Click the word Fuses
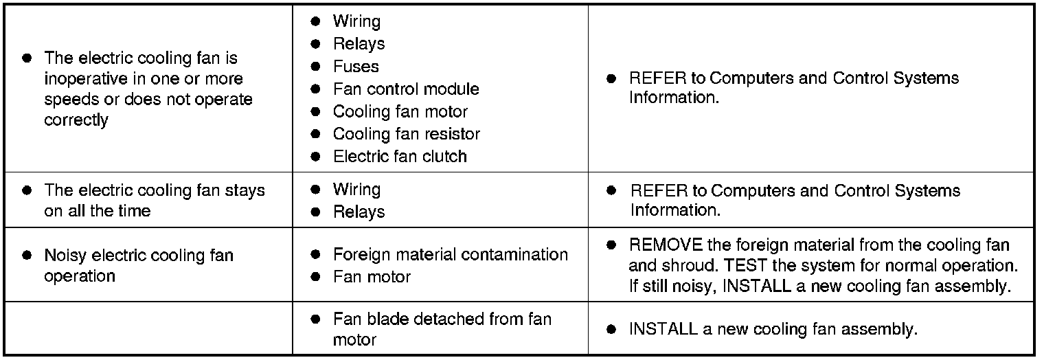(x=356, y=67)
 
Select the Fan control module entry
(x=406, y=89)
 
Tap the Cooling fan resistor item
(x=406, y=134)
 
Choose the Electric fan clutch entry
(x=400, y=157)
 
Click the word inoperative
(x=84, y=79)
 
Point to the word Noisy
(x=65, y=256)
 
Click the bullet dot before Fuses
(x=315, y=67)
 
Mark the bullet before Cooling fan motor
(x=315, y=111)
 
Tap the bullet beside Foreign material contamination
(x=315, y=255)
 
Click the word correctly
(x=76, y=120)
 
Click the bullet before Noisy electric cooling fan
(x=27, y=256)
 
